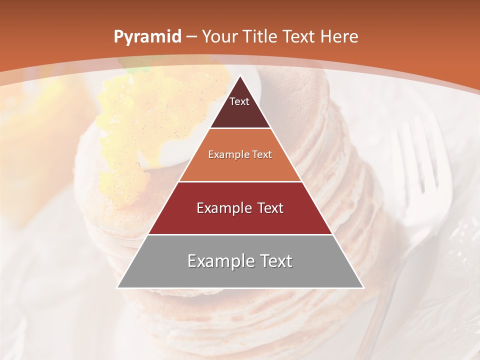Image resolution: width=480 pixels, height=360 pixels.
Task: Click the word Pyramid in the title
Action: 147,37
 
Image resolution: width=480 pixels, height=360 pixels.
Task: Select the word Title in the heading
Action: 259,37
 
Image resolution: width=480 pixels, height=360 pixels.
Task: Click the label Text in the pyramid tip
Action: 239,102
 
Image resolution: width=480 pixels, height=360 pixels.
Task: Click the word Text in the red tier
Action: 267,208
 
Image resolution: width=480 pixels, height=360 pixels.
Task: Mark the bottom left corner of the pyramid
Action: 117,287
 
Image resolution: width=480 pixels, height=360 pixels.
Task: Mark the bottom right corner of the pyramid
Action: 363,287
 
